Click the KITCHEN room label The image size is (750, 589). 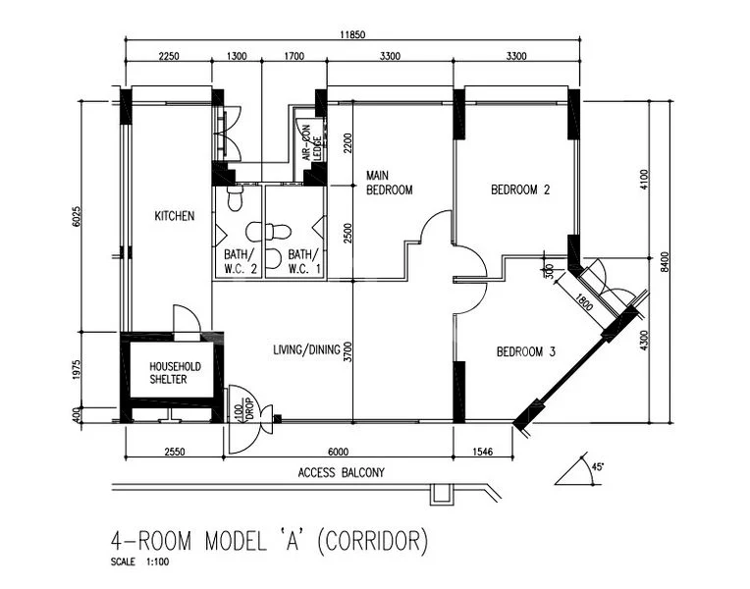pos(174,216)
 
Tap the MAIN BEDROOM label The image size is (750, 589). pos(389,183)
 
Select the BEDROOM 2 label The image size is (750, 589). pos(519,190)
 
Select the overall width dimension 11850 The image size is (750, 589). pos(352,34)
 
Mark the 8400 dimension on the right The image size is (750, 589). pos(665,260)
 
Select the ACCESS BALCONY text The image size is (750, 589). pos(341,473)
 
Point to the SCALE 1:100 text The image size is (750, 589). pos(139,563)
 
